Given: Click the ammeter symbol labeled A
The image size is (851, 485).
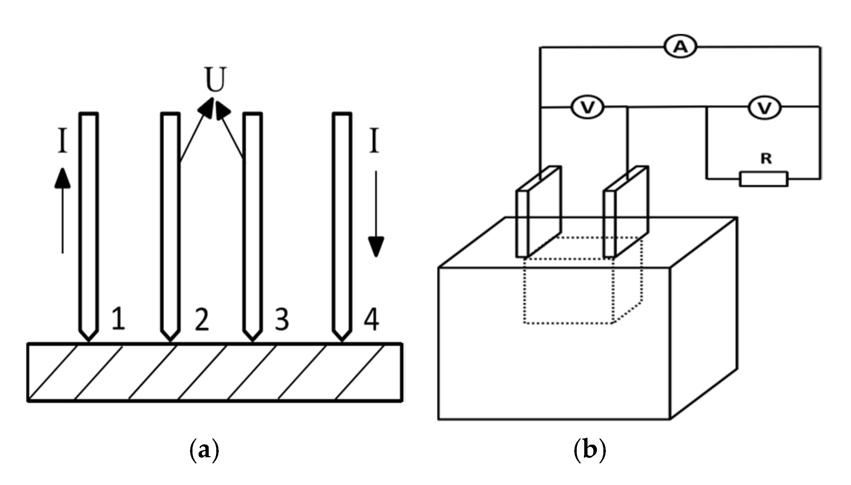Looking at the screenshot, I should (x=681, y=47).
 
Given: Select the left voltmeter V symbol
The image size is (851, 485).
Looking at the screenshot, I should (x=588, y=107).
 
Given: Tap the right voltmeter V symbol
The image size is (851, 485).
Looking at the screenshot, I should (x=764, y=107).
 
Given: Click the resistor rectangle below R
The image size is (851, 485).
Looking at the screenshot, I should (x=764, y=179).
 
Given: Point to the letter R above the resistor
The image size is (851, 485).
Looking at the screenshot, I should (x=766, y=159).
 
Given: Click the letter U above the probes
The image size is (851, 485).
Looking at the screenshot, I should (x=215, y=79).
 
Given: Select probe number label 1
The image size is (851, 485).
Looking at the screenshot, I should (x=118, y=319).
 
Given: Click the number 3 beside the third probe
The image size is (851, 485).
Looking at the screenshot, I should (x=282, y=320).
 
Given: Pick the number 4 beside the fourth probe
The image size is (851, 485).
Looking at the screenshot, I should (x=371, y=320).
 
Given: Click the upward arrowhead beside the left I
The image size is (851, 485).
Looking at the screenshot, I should (x=62, y=178).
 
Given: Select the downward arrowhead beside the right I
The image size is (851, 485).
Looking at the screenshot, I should (x=376, y=246).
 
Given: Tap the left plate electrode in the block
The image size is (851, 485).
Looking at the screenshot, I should (x=539, y=213).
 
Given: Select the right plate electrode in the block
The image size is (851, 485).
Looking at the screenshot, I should (x=626, y=213).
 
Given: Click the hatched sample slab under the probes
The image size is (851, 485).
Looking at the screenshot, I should (x=215, y=372).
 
